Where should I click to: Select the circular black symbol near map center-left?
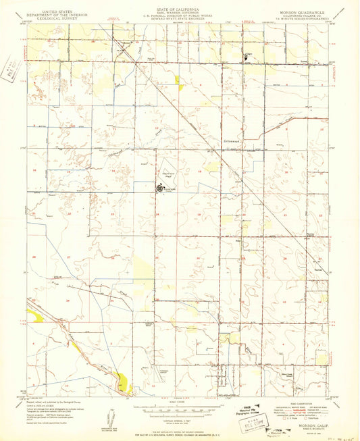pos(161,188)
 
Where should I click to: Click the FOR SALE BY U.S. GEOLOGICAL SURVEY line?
pos(180,425)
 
